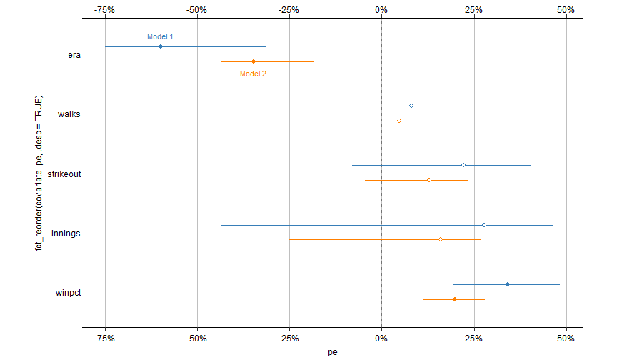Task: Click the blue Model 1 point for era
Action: [161, 46]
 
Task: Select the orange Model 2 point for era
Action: [254, 61]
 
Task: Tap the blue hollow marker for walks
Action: [411, 106]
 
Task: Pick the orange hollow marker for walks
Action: [399, 121]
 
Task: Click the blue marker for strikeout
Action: [463, 165]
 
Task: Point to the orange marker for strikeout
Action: [429, 180]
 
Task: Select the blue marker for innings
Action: [484, 225]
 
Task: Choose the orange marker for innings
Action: [441, 239]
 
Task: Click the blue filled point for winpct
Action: [508, 284]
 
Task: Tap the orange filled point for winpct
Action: [455, 299]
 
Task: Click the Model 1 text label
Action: [160, 36]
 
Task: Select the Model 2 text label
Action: [253, 73]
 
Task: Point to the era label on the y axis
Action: [74, 54]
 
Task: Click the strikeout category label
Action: [64, 174]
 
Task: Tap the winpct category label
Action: [68, 293]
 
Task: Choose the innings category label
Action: [66, 233]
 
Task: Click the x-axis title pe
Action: [333, 351]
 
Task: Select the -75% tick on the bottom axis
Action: [105, 338]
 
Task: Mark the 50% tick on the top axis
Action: [566, 10]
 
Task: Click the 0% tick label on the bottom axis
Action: [381, 338]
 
